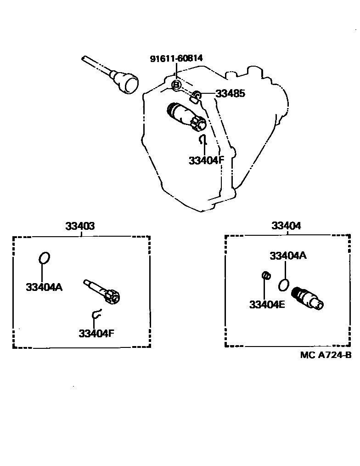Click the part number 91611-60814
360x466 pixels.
176,58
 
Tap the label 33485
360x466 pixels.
230,94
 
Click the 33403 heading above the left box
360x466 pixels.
80,226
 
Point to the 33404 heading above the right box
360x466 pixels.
286,226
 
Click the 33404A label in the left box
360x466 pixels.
44,287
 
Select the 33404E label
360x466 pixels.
267,304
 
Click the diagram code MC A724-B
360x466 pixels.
326,355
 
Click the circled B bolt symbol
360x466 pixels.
176,85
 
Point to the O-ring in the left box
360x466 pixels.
44,258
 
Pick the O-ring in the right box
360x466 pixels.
284,285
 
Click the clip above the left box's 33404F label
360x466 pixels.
96,314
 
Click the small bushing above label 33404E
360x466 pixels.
265,276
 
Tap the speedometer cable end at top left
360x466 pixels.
126,83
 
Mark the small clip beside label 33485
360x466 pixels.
196,96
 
